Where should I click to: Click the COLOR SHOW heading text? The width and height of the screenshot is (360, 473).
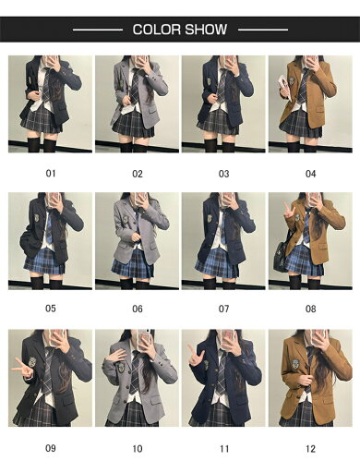(x=180, y=30)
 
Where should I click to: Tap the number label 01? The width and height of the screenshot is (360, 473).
(x=51, y=173)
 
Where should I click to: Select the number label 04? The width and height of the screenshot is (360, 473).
(x=310, y=173)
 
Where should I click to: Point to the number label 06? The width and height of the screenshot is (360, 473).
(x=138, y=309)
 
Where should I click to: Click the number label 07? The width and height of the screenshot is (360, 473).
(x=223, y=309)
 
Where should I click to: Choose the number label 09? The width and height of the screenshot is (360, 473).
(x=51, y=448)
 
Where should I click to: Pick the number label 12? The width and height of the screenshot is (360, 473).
(x=310, y=448)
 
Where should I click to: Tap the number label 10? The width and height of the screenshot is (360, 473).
(x=138, y=448)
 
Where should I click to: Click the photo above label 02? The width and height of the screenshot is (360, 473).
(x=138, y=103)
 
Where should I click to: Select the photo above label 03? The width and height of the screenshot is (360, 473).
(x=224, y=103)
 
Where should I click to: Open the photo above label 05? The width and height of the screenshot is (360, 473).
(x=51, y=240)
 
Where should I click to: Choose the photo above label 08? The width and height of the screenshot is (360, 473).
(x=310, y=240)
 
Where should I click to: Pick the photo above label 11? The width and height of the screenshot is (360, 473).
(x=224, y=379)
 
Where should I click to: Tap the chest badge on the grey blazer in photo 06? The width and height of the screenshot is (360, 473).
(x=124, y=222)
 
